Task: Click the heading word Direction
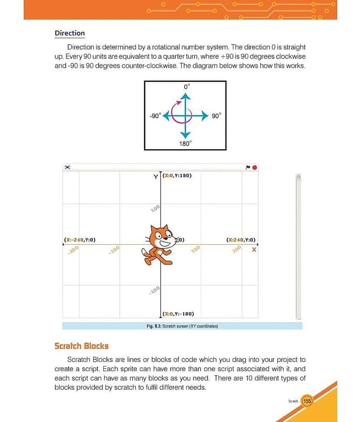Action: coord(70,33)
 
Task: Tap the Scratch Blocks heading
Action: coord(81,346)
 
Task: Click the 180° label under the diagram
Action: coord(186,142)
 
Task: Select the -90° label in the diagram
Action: coord(154,116)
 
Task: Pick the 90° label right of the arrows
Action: coord(217,116)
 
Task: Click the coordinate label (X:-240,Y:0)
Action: coord(80,239)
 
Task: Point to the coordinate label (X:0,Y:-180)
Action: coord(178,313)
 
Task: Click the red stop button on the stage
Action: coord(255,167)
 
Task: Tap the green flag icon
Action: coord(248,167)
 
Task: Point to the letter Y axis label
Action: coord(155,177)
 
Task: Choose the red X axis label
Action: coord(254,250)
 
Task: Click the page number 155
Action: coord(307,401)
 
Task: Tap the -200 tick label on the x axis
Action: coord(73,250)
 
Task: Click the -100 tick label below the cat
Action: coord(154,291)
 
